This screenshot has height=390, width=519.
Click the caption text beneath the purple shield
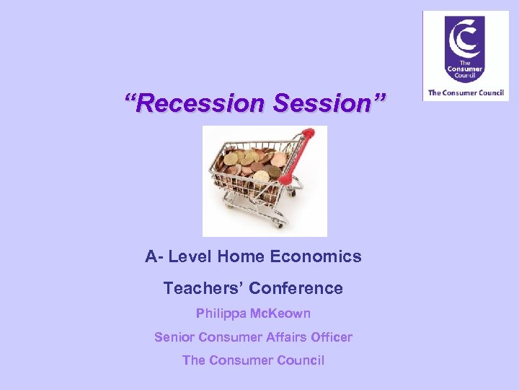coord(465,92)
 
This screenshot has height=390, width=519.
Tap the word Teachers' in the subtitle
coord(203,288)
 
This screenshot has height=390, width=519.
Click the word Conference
coord(296,288)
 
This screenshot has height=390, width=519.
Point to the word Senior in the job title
coord(174,337)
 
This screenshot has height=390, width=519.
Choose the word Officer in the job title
coord(328,337)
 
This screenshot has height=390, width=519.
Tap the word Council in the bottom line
coord(298,360)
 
